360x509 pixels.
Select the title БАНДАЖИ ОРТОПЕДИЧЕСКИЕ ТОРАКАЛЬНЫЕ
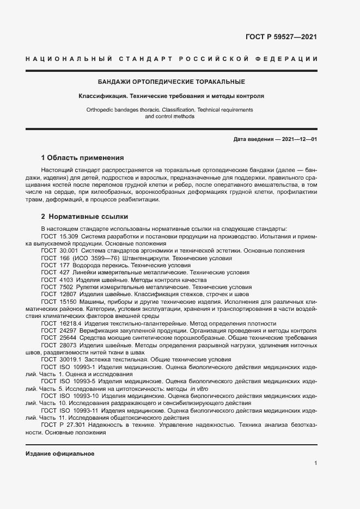pos(171,82)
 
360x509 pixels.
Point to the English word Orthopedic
pos(101,109)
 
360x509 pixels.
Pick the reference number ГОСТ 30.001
pos(59,250)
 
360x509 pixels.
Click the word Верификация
pos(100,330)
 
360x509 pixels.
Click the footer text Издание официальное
pos(60,453)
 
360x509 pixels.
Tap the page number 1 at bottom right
pos(315,463)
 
